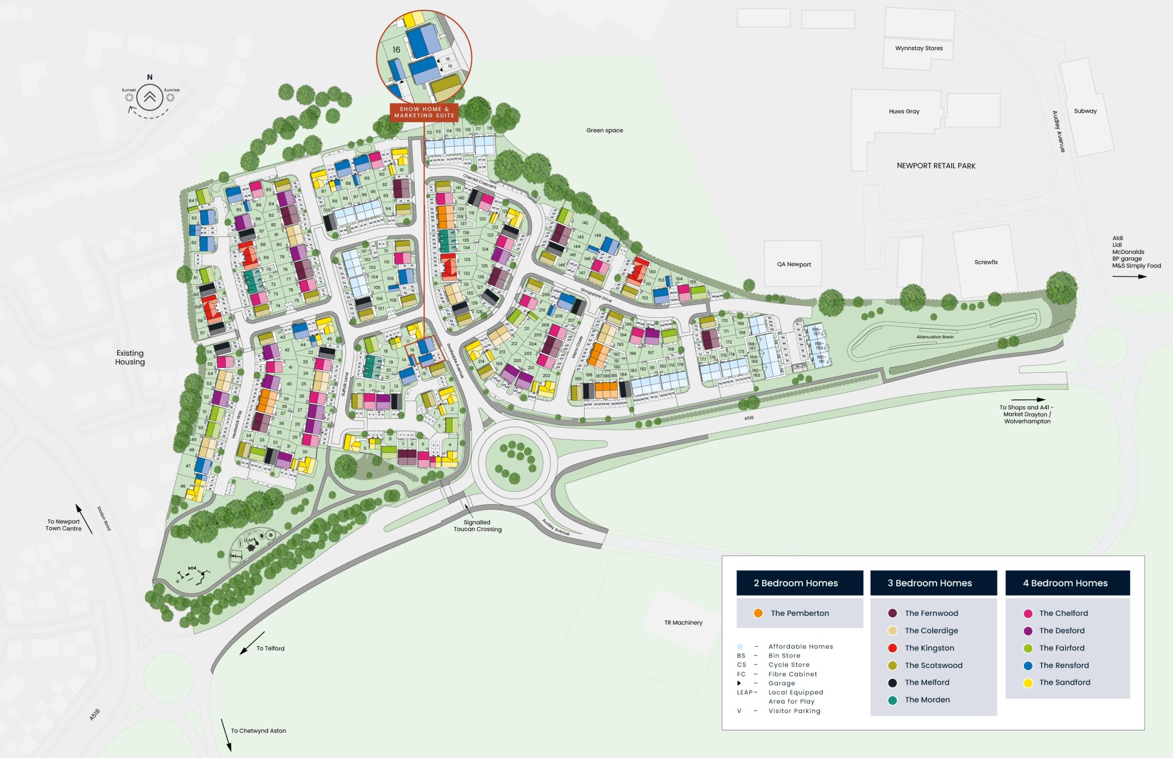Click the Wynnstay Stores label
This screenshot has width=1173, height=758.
point(919,48)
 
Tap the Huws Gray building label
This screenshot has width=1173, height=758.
point(904,111)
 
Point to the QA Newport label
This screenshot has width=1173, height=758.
point(793,264)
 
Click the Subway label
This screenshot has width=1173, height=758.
point(1085,111)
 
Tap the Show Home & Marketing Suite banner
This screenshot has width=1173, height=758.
point(424,112)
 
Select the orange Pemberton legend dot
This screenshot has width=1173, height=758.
point(758,613)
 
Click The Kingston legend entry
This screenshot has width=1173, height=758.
point(929,648)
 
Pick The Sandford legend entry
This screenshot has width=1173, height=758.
point(1064,682)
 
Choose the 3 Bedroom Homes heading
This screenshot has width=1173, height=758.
point(929,583)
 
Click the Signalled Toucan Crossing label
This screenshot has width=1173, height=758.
point(477,526)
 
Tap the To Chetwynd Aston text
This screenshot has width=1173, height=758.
point(259,731)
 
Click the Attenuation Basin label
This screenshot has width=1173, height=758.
point(935,337)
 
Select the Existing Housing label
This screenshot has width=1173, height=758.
point(130,357)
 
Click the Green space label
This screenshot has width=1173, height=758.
point(604,130)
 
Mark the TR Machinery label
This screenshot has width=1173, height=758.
point(683,623)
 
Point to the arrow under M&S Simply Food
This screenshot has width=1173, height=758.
point(1129,276)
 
